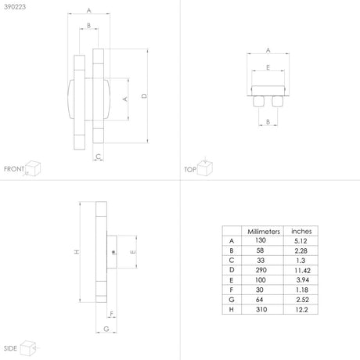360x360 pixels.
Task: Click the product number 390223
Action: coord(15,7)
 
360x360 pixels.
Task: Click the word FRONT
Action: coord(14,169)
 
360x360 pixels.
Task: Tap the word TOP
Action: coord(190,170)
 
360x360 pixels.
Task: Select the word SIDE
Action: coord(10,348)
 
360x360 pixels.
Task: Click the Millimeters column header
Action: coord(264,232)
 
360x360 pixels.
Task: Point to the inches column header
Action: coord(301,231)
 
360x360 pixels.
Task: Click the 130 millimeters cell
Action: coord(261,240)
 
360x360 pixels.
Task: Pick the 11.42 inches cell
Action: coord(302,271)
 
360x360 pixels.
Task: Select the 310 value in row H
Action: coord(261,309)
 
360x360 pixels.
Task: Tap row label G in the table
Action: coord(232,300)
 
